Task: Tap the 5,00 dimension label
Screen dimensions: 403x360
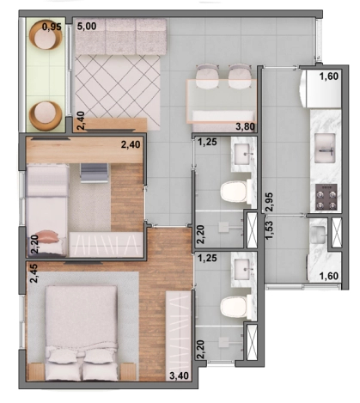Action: (x=87, y=27)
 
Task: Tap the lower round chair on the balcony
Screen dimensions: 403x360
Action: (x=46, y=113)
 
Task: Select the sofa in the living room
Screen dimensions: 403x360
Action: (x=119, y=38)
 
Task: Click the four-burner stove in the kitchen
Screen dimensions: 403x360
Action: (x=327, y=198)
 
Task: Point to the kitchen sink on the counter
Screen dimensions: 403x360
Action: (x=327, y=149)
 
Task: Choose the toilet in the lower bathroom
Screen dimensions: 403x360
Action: (x=234, y=305)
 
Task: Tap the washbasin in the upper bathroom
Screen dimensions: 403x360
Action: (x=241, y=155)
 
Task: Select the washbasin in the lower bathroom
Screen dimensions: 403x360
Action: (x=241, y=269)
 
